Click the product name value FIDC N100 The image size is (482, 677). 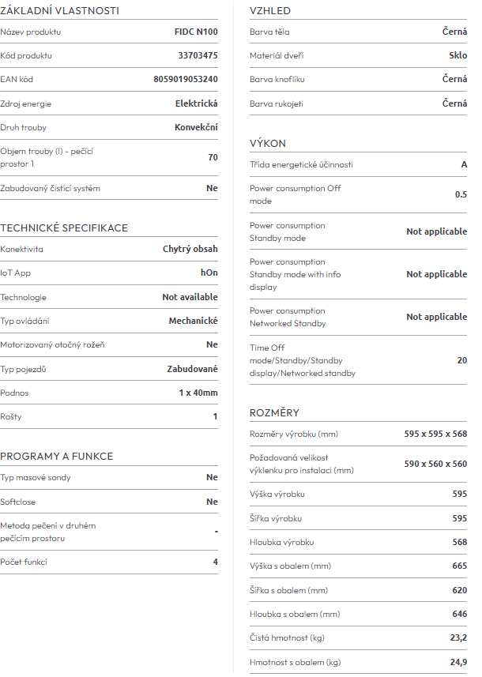tap(196, 32)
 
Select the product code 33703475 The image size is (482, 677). tap(198, 56)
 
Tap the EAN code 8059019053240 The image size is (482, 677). tap(186, 80)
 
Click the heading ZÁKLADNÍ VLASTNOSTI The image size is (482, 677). tap(59, 11)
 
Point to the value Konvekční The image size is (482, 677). tap(196, 127)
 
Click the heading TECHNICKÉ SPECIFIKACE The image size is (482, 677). tap(64, 228)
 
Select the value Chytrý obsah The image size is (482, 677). tap(190, 249)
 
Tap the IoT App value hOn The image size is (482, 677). tap(209, 273)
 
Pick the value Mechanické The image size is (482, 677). tap(194, 321)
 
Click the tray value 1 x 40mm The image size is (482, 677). tap(198, 393)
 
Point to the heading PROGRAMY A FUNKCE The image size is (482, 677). tap(57, 457)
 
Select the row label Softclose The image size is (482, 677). tap(18, 502)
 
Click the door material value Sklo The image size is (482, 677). tap(458, 56)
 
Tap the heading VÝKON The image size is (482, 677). tap(268, 144)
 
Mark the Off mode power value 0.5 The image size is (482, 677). tap(461, 194)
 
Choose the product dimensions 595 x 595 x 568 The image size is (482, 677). tap(435, 434)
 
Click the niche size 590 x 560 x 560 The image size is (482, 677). tap(435, 464)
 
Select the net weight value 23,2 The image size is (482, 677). tap(458, 638)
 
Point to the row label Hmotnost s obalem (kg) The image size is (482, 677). tap(296, 662)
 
